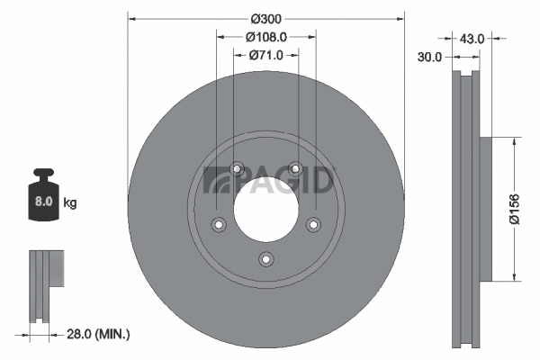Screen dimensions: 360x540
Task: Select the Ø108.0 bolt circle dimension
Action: (266, 38)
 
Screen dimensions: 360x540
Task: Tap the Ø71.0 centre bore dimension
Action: (266, 56)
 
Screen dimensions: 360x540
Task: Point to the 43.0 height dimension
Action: (472, 39)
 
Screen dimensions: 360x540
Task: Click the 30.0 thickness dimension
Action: (429, 57)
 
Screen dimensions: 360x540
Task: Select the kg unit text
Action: (70, 203)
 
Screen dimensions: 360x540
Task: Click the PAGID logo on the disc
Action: (270, 180)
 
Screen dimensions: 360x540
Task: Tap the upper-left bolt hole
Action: (238, 168)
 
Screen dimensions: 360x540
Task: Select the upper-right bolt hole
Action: (295, 168)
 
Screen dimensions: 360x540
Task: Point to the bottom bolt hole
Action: (266, 259)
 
